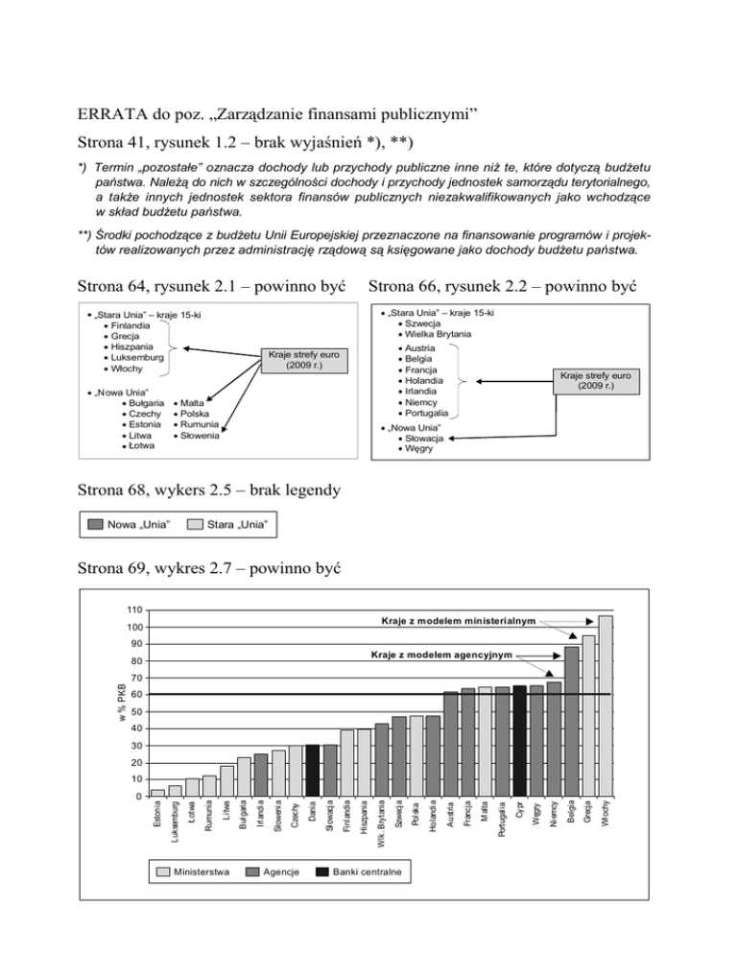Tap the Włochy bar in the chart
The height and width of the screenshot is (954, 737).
click(606, 705)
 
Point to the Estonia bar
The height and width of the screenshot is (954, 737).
click(157, 793)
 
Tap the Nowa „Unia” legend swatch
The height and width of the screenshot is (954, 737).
click(95, 524)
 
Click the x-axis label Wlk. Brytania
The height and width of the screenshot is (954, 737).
click(381, 823)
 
